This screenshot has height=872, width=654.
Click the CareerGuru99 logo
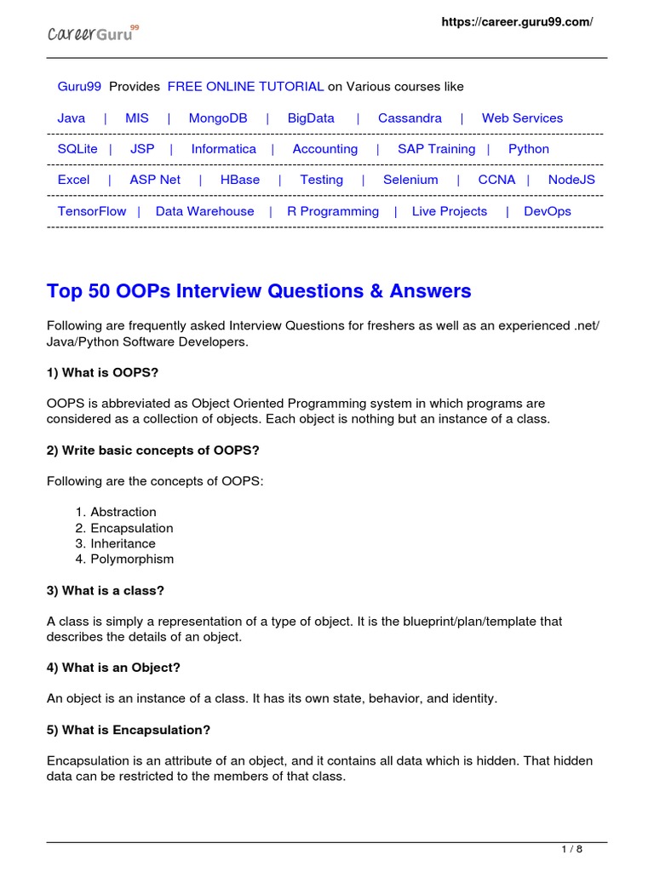[92, 33]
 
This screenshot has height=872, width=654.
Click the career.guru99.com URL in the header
[516, 22]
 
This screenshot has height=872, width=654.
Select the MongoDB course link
[218, 118]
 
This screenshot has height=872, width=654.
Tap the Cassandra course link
[410, 118]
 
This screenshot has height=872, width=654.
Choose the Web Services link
[522, 118]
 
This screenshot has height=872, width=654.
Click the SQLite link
[77, 149]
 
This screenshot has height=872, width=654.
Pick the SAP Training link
[436, 149]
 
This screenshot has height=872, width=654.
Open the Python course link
[529, 149]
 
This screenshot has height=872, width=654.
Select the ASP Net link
[155, 180]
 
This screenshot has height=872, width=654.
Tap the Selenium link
[410, 180]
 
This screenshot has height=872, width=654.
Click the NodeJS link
[571, 180]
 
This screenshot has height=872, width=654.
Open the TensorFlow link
[92, 211]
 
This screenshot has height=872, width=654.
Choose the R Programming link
[333, 211]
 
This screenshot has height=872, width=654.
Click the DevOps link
[548, 211]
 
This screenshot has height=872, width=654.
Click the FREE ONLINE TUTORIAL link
[245, 87]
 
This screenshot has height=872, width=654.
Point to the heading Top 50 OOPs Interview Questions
[259, 291]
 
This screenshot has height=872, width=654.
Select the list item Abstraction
[123, 512]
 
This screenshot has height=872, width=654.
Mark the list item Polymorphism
[132, 559]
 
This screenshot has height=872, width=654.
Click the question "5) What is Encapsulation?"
[129, 730]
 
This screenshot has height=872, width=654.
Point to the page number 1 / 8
[572, 849]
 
